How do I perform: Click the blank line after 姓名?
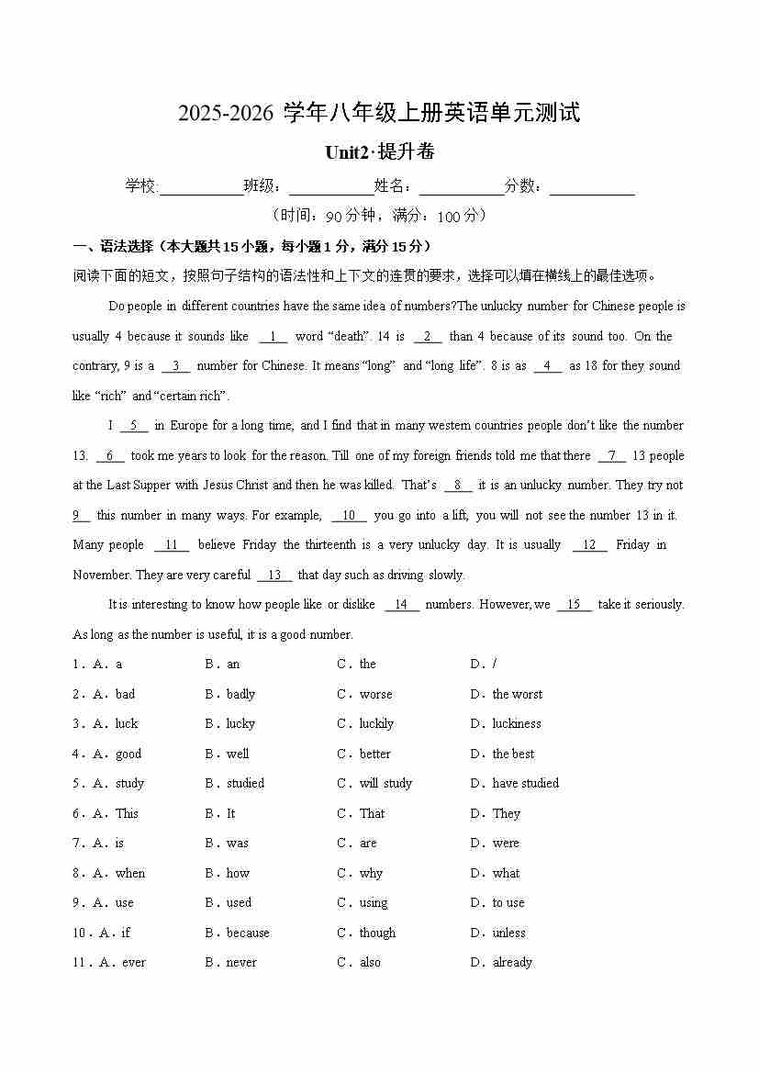462,187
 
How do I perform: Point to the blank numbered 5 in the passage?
133,426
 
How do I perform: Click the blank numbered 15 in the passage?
575,605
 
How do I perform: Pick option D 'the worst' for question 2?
517,695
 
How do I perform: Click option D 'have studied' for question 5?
525,784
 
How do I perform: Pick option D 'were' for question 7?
506,844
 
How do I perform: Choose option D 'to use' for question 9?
508,903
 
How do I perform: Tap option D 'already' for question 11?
512,963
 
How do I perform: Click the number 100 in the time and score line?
450,217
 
